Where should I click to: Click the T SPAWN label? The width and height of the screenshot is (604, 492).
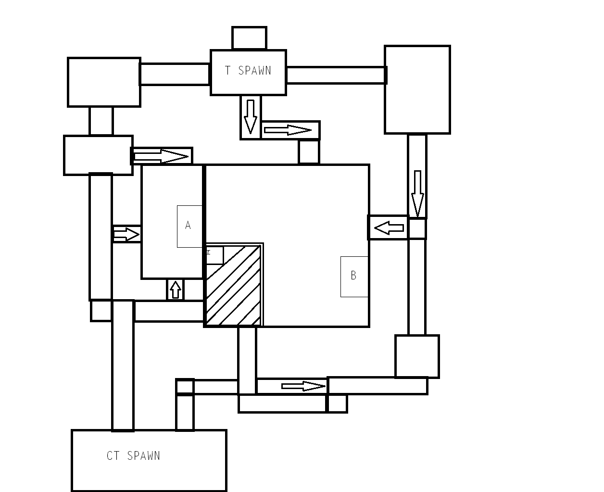point(248,71)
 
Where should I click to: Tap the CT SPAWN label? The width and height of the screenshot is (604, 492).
point(133,456)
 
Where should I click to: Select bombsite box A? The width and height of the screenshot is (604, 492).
point(189,226)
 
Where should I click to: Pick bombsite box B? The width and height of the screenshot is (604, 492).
point(354,276)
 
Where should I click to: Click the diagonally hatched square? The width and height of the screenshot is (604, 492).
point(233,286)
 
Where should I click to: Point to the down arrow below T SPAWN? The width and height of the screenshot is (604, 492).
point(250,117)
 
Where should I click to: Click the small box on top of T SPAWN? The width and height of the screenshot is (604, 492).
point(249,38)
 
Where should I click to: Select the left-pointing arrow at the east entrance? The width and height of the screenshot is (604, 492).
point(389,227)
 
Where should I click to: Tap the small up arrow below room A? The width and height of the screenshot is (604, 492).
point(176,290)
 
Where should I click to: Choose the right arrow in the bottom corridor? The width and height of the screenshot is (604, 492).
point(303,386)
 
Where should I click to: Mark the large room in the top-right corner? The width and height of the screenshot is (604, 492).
point(417,89)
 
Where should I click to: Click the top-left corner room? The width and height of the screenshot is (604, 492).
point(104,82)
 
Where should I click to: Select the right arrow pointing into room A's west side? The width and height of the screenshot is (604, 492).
point(126,234)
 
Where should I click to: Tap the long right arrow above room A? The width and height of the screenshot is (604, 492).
point(161,156)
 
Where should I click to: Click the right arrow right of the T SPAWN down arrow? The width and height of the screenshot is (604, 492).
point(288,130)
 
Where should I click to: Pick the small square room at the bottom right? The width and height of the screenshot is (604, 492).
point(417,356)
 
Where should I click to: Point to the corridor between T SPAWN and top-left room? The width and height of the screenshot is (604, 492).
point(175,74)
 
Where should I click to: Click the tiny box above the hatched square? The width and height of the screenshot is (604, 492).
point(214,255)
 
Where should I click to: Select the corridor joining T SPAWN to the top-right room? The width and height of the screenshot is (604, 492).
point(336,75)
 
